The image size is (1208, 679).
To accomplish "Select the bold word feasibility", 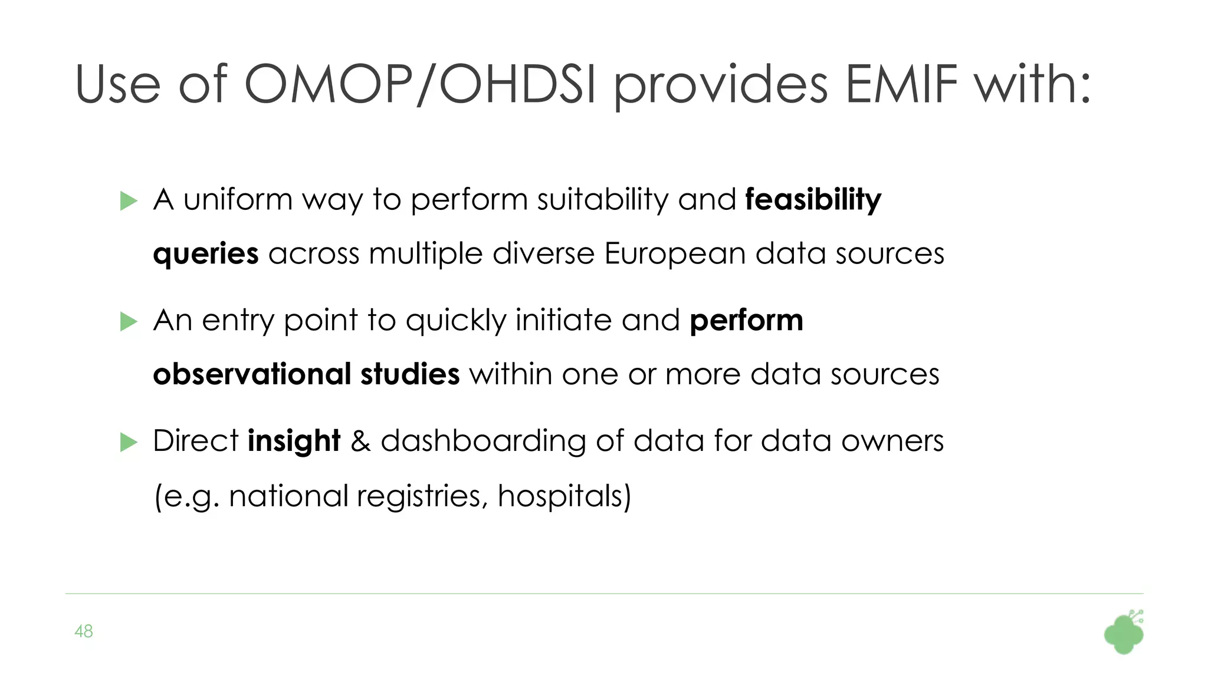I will click(813, 199).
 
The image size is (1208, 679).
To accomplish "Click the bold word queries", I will click(205, 254).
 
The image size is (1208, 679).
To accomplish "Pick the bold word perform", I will click(746, 321).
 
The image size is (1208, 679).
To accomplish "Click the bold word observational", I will click(252, 374).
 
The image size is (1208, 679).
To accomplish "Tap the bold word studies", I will click(410, 374).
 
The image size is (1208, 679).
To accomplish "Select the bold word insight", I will click(294, 440).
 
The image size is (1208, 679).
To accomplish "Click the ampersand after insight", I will click(360, 441).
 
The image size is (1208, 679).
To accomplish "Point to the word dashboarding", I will click(483, 441).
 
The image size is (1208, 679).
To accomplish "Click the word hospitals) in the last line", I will click(564, 496).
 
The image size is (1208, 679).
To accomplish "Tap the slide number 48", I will click(84, 631).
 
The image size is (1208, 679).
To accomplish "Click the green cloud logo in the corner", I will click(1124, 633).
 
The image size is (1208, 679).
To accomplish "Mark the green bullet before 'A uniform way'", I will click(128, 201).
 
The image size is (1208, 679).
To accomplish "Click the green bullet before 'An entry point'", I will click(128, 322).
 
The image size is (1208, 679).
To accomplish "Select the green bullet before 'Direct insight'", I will click(128, 442).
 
